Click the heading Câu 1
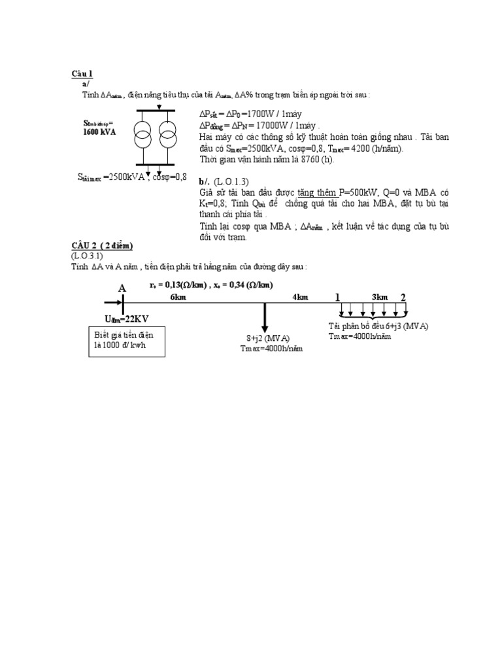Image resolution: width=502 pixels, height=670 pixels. click(x=82, y=73)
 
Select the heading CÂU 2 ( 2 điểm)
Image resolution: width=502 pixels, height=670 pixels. click(x=102, y=245)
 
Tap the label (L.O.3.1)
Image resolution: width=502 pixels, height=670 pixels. click(x=88, y=255)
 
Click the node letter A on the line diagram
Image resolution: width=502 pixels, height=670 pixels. click(x=122, y=289)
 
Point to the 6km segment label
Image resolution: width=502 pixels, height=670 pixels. click(x=178, y=297)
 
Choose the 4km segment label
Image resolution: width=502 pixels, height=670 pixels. click(x=300, y=297)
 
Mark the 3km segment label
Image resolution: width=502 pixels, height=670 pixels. click(x=380, y=297)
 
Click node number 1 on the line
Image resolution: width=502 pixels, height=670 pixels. click(x=338, y=298)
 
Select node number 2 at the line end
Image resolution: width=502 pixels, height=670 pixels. click(x=403, y=298)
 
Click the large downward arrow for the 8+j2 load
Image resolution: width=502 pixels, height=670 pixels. click(x=265, y=317)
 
